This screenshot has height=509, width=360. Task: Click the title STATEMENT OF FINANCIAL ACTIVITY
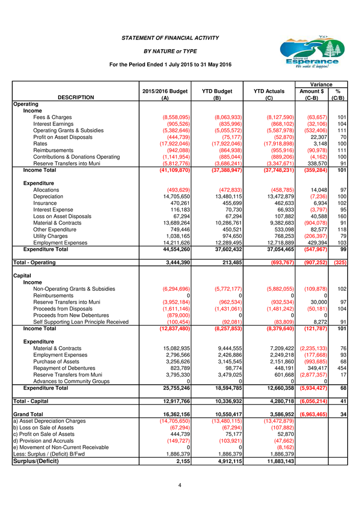click(170, 38)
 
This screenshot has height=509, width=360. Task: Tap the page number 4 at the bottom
click(180, 485)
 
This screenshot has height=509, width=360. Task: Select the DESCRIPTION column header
click(76, 98)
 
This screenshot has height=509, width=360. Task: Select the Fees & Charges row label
click(52, 117)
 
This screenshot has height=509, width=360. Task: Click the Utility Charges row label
click(51, 235)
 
